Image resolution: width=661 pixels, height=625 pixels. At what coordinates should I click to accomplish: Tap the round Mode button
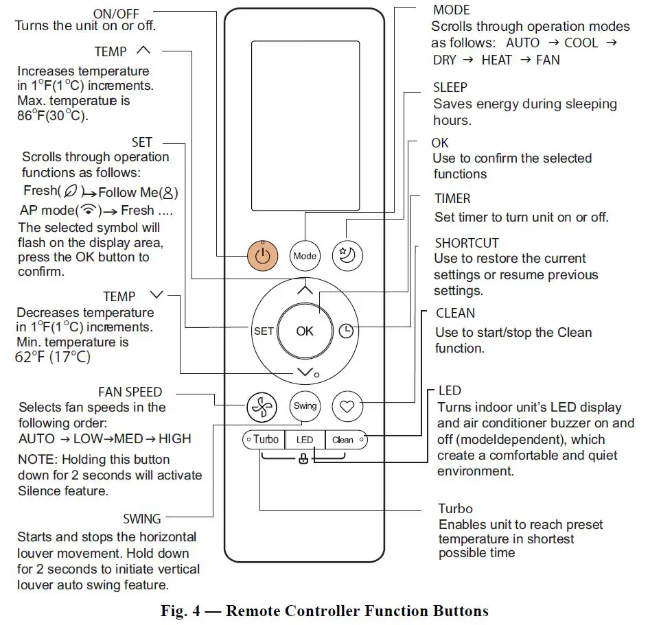[305, 256]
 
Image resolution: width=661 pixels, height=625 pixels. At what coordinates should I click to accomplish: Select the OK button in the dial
[305, 331]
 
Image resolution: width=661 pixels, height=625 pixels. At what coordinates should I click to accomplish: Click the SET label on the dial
[264, 331]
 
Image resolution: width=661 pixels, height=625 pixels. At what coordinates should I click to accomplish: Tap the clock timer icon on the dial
[347, 331]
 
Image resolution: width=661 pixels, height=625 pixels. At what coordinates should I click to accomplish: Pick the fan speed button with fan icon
[262, 406]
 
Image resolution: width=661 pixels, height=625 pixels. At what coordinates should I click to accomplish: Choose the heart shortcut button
[347, 406]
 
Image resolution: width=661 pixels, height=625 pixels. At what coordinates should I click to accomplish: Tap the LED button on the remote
[305, 440]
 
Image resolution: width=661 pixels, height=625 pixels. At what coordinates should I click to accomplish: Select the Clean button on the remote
[343, 440]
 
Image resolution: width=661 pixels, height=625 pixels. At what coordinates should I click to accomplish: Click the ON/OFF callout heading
[116, 14]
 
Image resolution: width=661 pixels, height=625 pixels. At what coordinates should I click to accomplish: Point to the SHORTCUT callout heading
[467, 244]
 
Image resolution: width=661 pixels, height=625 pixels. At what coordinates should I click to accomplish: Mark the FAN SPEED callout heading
[130, 392]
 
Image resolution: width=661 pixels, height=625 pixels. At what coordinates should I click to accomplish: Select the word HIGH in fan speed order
[175, 439]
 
